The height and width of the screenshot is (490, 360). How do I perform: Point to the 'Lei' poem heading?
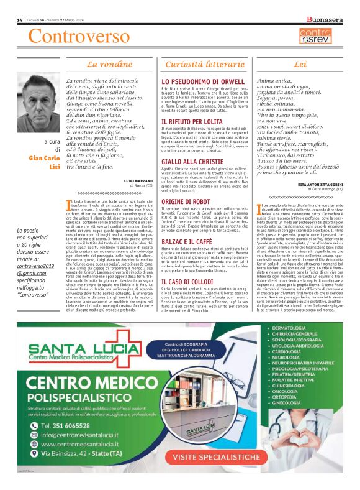[300, 64]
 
